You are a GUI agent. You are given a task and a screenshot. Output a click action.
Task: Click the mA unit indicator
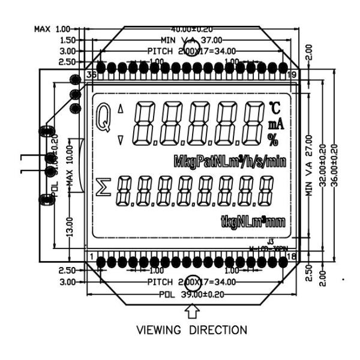coord(275,125)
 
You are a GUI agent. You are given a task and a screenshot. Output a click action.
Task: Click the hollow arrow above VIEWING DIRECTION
coord(193,310)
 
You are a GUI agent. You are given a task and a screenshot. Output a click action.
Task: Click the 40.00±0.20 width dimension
coord(193,29)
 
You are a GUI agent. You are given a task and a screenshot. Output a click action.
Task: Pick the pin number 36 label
coord(92,75)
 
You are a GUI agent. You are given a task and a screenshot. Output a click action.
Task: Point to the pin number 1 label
coord(91,257)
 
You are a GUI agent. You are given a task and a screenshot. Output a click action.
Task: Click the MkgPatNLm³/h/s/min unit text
coord(229,162)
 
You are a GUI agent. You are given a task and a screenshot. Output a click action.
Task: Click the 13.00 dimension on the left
coord(70,229)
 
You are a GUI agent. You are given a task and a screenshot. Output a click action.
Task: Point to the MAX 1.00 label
coord(52,29)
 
